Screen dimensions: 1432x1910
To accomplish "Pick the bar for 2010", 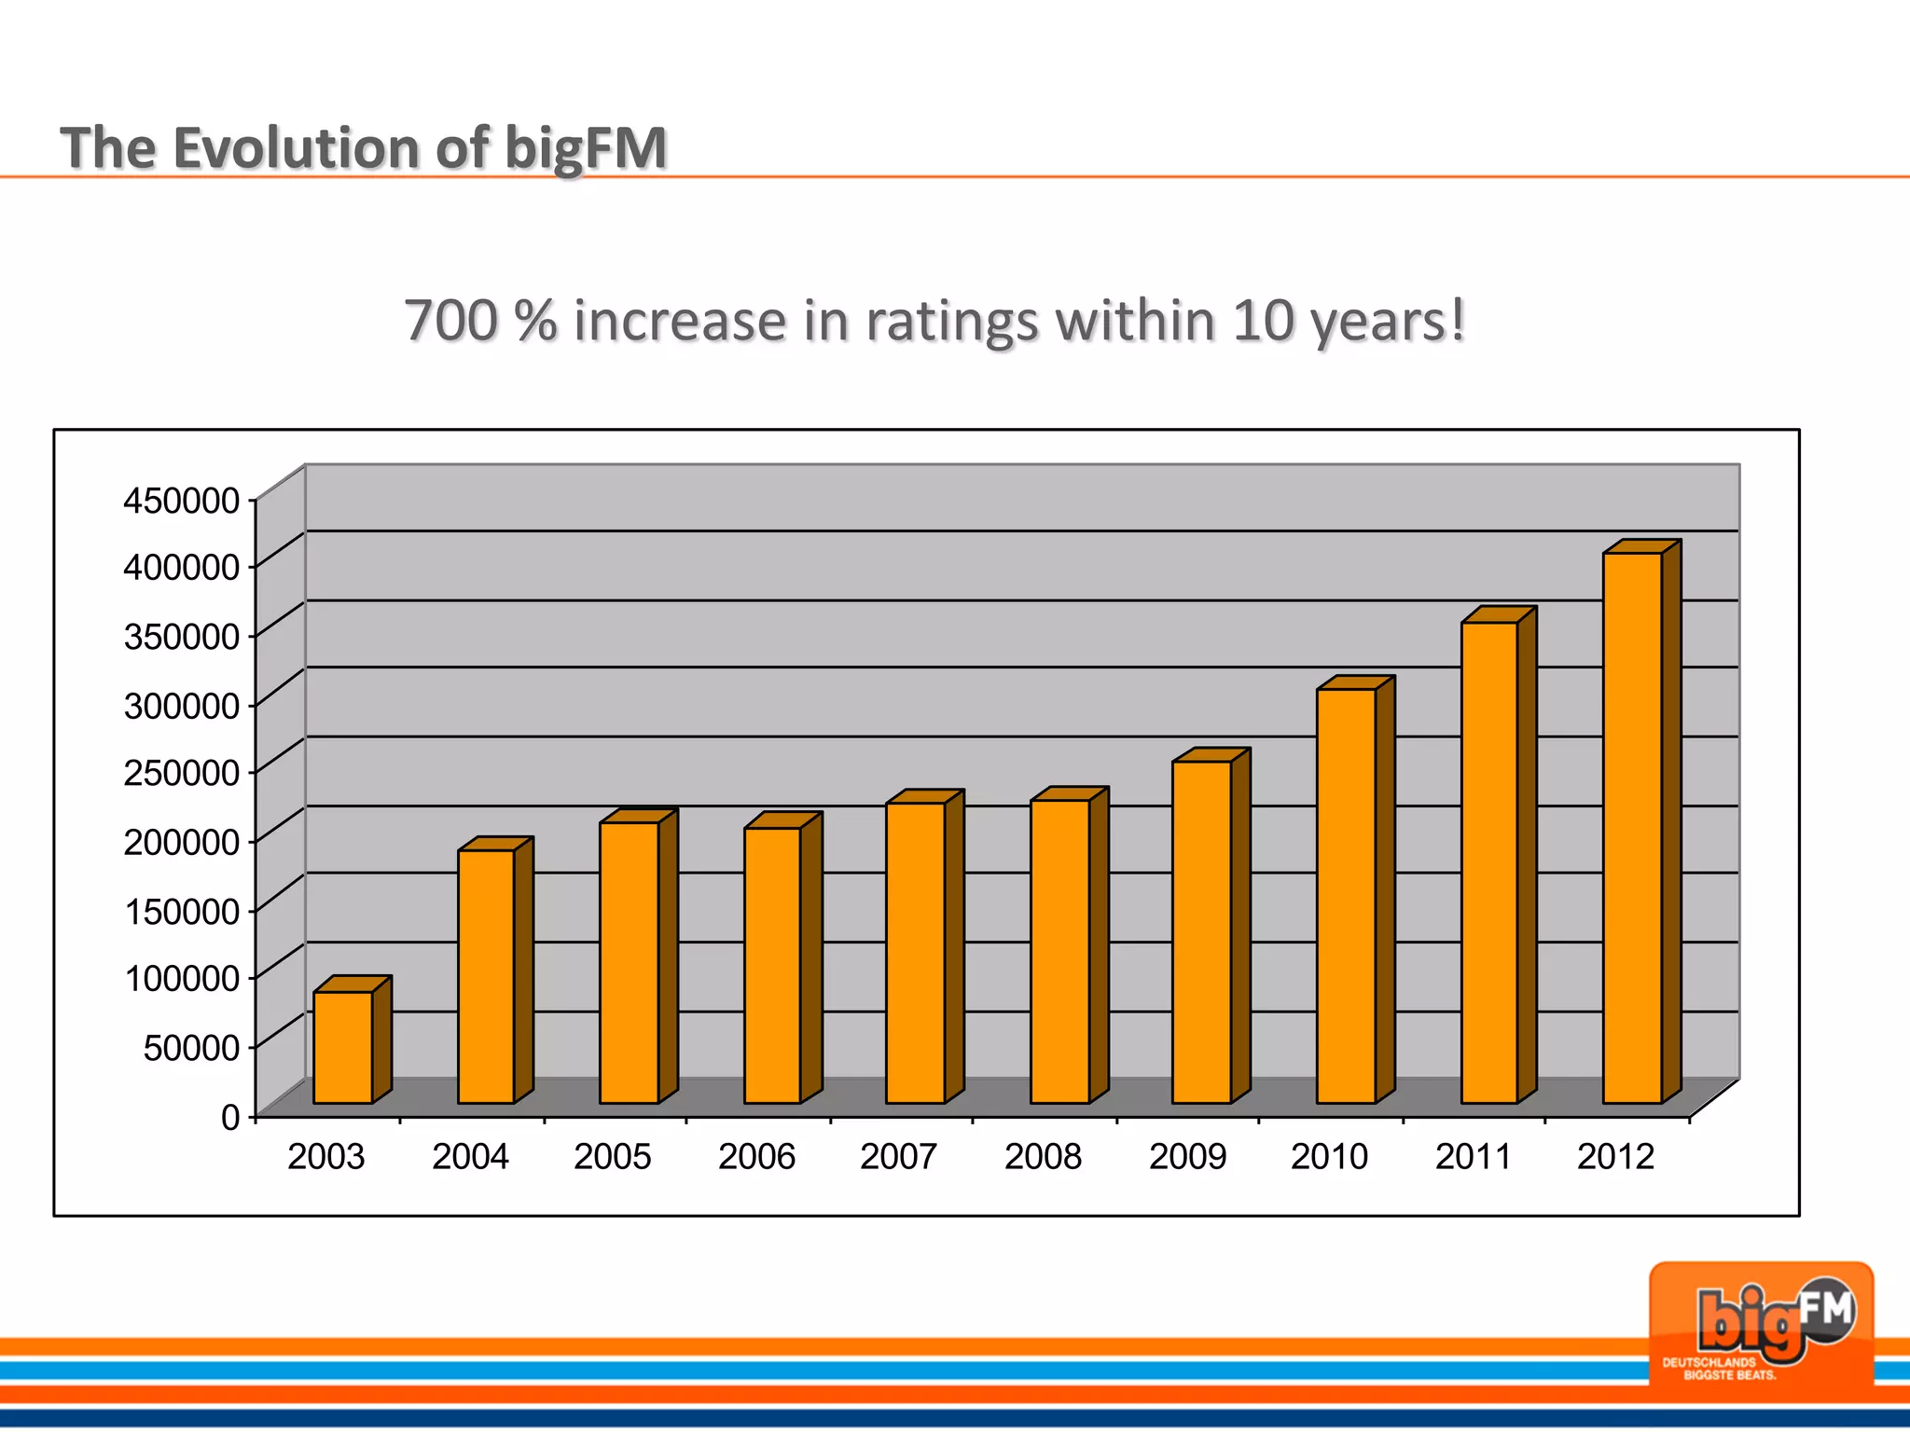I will tap(1346, 896).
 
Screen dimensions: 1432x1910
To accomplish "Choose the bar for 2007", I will tap(915, 953).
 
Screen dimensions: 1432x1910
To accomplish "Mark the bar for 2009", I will tap(1201, 932).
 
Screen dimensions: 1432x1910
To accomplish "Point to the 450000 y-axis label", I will tap(182, 501).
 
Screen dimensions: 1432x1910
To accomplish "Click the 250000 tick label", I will tap(182, 773).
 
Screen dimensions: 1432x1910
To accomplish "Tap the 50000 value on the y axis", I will tap(191, 1048).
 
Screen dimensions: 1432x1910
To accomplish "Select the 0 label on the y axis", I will tap(230, 1117).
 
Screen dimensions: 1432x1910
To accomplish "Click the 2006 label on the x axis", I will tap(756, 1157).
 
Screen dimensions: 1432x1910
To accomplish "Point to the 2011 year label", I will tap(1473, 1157).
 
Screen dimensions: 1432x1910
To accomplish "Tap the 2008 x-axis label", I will tap(1043, 1157).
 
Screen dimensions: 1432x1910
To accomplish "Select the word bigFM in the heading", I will tap(586, 149).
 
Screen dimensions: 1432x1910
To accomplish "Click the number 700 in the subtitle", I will tap(450, 321).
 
